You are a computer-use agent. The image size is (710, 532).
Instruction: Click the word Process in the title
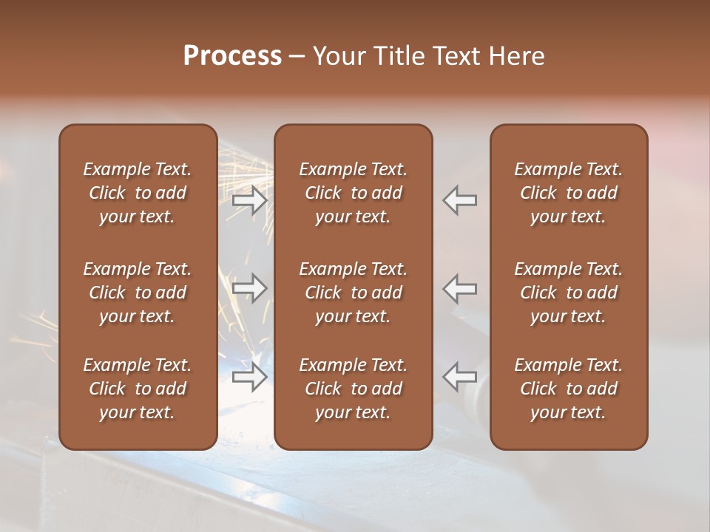click(232, 56)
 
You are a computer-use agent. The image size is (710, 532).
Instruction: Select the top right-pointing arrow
click(250, 200)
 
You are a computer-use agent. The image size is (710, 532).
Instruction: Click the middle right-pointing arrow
click(250, 287)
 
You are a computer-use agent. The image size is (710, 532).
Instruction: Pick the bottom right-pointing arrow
click(250, 377)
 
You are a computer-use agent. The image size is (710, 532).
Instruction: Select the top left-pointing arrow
click(460, 200)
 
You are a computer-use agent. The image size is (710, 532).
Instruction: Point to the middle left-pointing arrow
click(460, 287)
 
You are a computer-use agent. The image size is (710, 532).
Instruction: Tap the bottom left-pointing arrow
click(460, 377)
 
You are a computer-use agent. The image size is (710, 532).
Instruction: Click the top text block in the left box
click(138, 193)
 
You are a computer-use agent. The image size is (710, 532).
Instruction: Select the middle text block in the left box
click(138, 293)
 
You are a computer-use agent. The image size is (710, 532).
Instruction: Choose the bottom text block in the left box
click(138, 389)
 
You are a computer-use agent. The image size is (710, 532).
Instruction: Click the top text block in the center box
click(354, 193)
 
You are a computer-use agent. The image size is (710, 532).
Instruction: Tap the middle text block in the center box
click(354, 293)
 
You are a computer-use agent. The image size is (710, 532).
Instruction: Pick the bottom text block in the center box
click(354, 389)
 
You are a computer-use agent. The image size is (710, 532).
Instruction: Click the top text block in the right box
click(569, 193)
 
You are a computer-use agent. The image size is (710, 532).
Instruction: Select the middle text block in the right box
click(569, 293)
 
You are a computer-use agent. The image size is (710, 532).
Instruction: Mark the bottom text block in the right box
click(569, 389)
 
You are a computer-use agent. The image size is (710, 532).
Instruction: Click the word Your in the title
click(337, 56)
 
